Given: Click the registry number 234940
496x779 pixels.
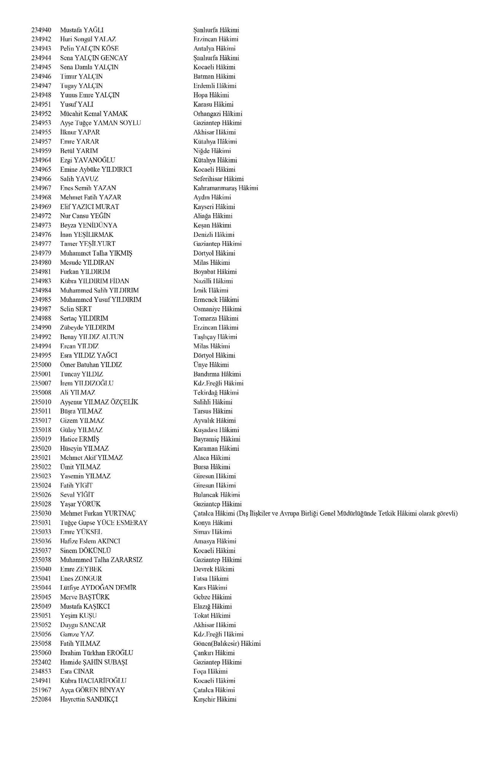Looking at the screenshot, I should pos(41,30).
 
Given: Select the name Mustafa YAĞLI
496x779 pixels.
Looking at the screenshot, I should pos(82,30).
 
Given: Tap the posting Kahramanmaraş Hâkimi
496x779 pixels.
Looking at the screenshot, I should pos(225,188).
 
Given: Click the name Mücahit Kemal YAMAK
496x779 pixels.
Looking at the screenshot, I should pos(94,114).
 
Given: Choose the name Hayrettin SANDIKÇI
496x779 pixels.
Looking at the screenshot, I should pos(89,699).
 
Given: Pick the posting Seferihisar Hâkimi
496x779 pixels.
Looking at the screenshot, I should pos(218,179).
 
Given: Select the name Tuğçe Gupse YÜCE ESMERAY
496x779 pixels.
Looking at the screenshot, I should pos(104,523).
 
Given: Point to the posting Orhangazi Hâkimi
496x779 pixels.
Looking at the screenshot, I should pos(218,114).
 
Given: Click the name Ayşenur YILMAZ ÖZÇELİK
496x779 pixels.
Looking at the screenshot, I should pos(99,402).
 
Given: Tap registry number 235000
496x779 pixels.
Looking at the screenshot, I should pos(41,365).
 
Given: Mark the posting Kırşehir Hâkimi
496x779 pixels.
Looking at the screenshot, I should pos(215,699).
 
